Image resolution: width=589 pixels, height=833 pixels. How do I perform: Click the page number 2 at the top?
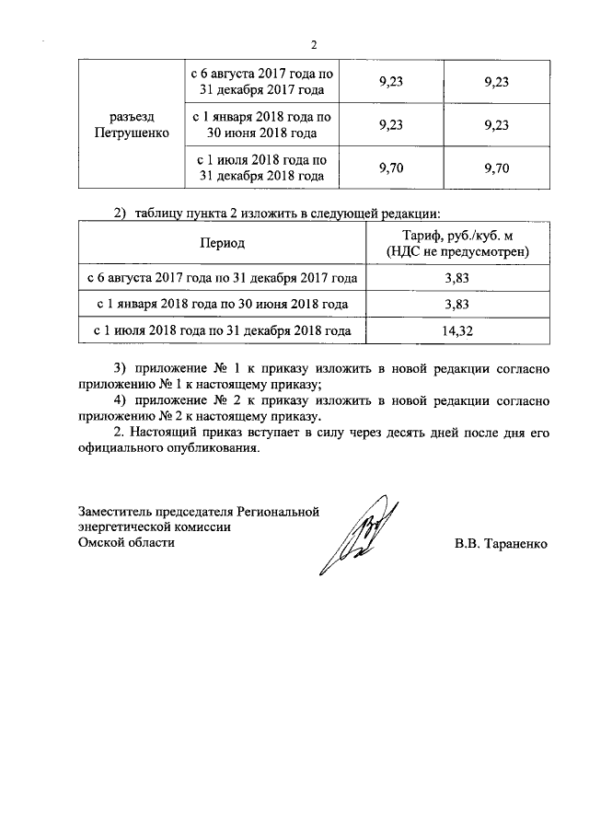coord(314,46)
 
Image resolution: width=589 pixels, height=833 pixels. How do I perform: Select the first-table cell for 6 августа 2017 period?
coord(263,82)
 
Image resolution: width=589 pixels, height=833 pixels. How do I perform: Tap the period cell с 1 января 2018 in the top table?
coord(263,125)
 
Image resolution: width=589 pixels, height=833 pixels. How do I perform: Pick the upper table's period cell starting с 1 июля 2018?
coord(263,168)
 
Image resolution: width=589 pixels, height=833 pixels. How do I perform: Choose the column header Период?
coord(221,243)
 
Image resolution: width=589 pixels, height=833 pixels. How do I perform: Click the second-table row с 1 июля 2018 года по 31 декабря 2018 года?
coord(221,329)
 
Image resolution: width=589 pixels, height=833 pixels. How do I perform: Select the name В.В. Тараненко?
coord(501,544)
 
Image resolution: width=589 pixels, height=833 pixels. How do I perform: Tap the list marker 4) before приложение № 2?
coord(119,400)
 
